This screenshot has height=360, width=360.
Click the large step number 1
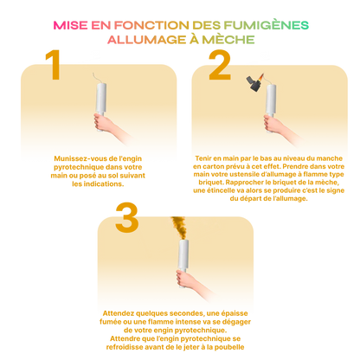pyautogui.click(x=54, y=65)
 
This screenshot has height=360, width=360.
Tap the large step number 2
pyautogui.click(x=220, y=65)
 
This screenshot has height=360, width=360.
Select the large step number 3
pyautogui.click(x=127, y=217)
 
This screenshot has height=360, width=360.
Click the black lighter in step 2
pyautogui.click(x=254, y=84)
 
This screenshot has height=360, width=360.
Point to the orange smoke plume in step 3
pyautogui.click(x=179, y=228)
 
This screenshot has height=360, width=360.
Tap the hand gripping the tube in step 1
pyautogui.click(x=101, y=122)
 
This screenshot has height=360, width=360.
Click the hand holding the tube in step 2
pyautogui.click(x=272, y=123)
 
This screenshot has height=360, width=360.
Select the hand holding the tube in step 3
pyautogui.click(x=184, y=278)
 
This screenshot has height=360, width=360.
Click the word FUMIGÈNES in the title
pyautogui.click(x=267, y=25)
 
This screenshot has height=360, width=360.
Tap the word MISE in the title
pyautogui.click(x=71, y=25)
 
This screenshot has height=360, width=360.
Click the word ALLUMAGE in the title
pyautogui.click(x=147, y=40)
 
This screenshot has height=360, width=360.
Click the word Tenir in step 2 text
pyautogui.click(x=203, y=158)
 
